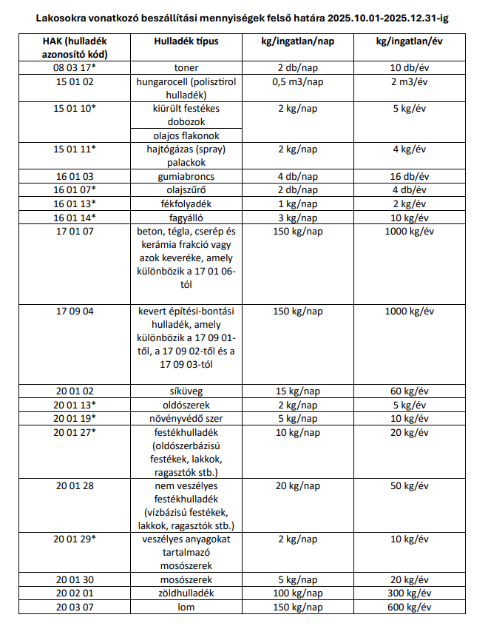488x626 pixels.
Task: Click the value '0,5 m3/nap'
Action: click(x=298, y=81)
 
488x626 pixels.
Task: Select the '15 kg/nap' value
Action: click(x=298, y=391)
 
